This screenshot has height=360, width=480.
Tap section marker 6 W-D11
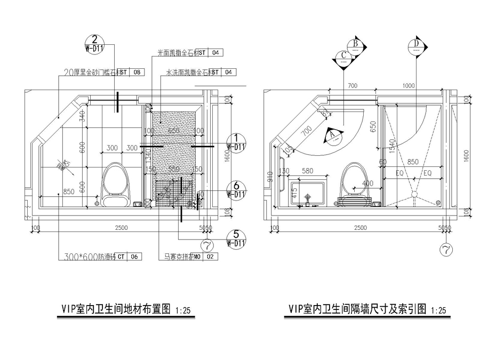point(236,189)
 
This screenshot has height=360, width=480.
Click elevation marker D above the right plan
point(417,46)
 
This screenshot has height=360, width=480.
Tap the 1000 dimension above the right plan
point(409,85)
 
